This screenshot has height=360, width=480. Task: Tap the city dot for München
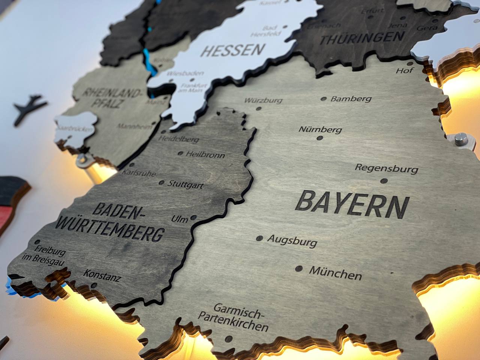[x=299, y=268]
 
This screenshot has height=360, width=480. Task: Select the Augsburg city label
[x=292, y=240]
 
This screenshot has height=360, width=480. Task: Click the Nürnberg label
[x=320, y=130]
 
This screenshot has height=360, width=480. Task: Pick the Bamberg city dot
[x=324, y=99]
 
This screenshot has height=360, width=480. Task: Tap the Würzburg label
[x=263, y=100]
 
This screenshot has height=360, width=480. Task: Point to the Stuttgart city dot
[x=161, y=183]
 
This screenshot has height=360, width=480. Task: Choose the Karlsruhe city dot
[x=132, y=165]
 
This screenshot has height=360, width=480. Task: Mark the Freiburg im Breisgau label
[x=49, y=255]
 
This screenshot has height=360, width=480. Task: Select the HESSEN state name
[x=232, y=50]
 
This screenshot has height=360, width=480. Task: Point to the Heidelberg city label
[x=179, y=139]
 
